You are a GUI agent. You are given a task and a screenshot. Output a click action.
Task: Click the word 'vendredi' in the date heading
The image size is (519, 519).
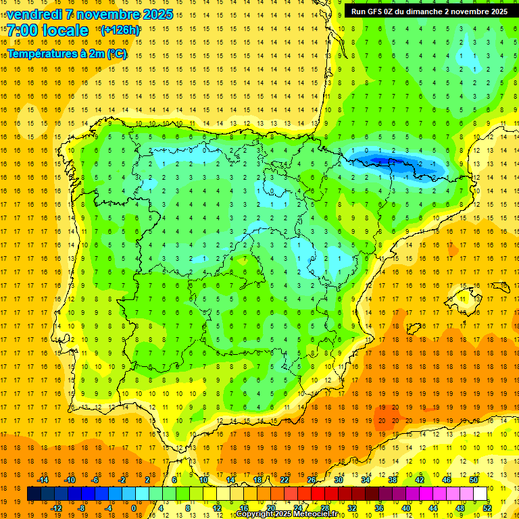point(34,14)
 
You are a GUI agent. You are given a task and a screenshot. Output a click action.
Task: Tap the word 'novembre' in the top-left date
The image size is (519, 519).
point(104,14)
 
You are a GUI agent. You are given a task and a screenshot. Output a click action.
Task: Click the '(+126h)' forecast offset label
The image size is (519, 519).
point(120,30)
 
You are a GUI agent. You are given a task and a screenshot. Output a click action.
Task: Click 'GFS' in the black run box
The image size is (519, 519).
point(380,11)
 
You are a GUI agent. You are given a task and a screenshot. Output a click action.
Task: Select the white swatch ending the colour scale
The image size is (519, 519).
point(480,494)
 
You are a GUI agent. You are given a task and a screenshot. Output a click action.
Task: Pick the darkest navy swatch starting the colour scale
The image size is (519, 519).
point(34,494)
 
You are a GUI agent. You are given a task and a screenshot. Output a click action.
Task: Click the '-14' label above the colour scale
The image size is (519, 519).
point(43,480)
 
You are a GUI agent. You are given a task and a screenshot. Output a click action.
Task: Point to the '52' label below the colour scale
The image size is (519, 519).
point(488,508)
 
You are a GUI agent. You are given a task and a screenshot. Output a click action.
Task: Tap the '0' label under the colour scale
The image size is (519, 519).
point(133,508)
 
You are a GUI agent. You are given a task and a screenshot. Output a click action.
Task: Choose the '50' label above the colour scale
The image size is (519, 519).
point(474,480)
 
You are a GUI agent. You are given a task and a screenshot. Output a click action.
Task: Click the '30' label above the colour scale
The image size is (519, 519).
point(339,480)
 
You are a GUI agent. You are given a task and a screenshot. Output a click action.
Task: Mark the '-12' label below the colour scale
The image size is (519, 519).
point(56,508)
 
